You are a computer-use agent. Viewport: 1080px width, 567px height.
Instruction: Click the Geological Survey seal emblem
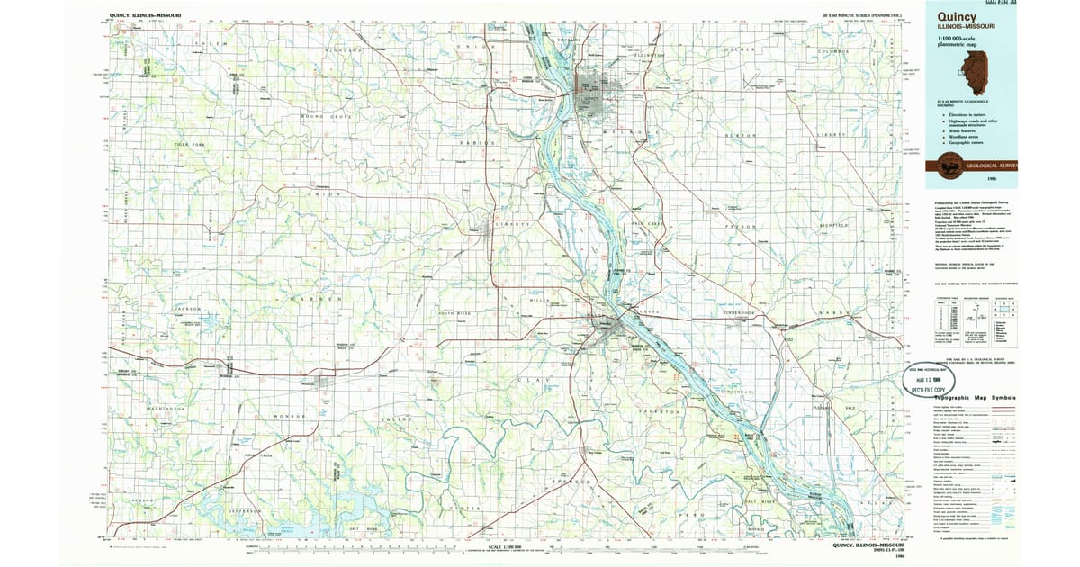949,165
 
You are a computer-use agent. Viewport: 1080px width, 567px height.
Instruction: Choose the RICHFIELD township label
833,224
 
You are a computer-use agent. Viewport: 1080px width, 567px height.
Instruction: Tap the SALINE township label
396,419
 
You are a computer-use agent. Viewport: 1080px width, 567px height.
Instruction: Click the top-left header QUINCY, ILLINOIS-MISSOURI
145,15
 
